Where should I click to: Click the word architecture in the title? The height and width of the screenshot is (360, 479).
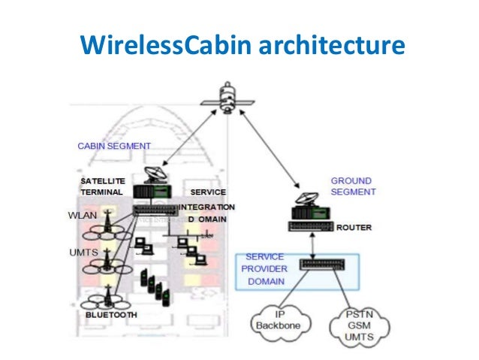point(332,44)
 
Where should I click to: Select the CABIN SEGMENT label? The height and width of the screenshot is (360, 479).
point(114,145)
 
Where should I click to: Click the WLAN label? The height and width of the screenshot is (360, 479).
point(83,216)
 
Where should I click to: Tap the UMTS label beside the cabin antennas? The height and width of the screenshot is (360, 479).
point(84,253)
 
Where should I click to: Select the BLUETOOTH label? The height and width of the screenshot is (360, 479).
point(111,315)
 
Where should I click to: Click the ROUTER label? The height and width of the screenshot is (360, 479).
point(353,227)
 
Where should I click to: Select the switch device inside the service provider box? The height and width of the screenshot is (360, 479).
point(324,264)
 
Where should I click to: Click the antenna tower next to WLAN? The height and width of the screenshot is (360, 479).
point(110,217)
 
